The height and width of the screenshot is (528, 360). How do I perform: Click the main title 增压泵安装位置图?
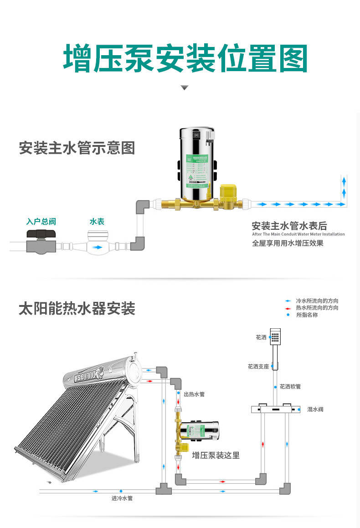185,59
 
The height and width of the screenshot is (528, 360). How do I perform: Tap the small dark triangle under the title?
184,88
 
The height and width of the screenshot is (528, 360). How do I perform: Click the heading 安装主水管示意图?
77,148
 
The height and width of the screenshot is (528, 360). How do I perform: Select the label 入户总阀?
41,222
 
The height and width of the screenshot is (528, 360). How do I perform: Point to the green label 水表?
97,222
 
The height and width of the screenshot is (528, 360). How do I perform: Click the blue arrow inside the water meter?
97,248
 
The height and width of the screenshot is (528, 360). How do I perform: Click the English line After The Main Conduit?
298,234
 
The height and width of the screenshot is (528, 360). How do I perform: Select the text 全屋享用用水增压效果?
288,243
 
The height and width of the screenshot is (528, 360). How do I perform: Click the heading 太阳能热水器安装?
77,309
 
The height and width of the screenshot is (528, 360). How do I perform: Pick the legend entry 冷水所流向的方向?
317,301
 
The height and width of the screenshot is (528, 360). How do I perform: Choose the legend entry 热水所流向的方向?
317,308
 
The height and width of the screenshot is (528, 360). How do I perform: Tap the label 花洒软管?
290,387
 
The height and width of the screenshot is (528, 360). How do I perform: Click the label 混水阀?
315,409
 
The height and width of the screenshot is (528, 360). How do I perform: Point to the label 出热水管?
194,394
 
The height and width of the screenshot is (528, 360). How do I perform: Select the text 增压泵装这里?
216,455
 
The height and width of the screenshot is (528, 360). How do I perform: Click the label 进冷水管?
122,498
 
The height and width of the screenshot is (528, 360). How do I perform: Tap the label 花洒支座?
258,366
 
